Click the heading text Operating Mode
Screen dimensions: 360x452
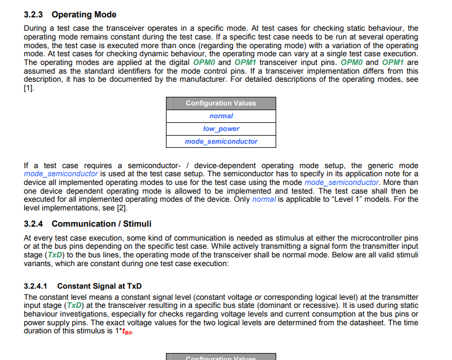(x=84, y=14)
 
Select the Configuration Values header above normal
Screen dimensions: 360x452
(x=221, y=103)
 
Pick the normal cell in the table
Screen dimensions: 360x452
(x=221, y=116)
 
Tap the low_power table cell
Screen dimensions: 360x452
(x=221, y=129)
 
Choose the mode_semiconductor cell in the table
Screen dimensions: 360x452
(x=221, y=141)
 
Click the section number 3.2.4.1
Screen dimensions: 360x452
(x=36, y=286)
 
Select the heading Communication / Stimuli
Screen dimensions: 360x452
(x=102, y=224)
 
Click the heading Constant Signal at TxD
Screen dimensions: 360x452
(x=100, y=286)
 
